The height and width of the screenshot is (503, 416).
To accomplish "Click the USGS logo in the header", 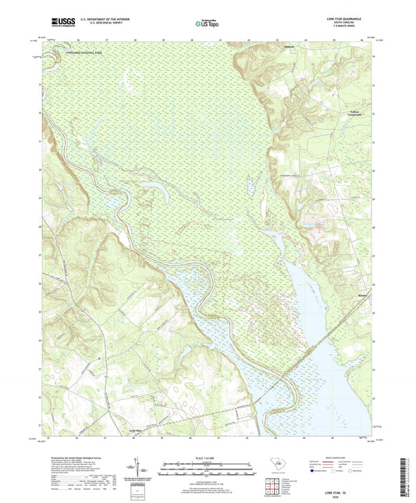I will (60, 21).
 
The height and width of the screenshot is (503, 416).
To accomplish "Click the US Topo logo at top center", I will (207, 23).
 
